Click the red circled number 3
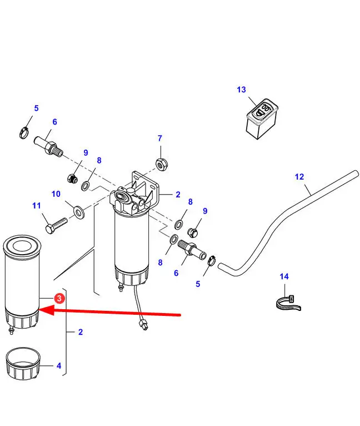[59, 298]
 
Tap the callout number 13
[241, 90]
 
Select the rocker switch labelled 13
[262, 118]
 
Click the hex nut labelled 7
[161, 164]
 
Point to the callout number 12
[299, 177]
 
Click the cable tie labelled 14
[288, 303]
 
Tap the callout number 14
[284, 276]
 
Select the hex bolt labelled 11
[56, 225]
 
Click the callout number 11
[36, 206]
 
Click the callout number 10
[56, 194]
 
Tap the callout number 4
[59, 366]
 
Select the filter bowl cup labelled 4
[23, 364]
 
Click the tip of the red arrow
[39, 310]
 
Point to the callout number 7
[159, 138]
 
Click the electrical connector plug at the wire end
[144, 325]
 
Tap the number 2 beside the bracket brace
[81, 332]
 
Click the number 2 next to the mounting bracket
[178, 195]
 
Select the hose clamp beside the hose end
[212, 261]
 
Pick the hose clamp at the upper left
[24, 132]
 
